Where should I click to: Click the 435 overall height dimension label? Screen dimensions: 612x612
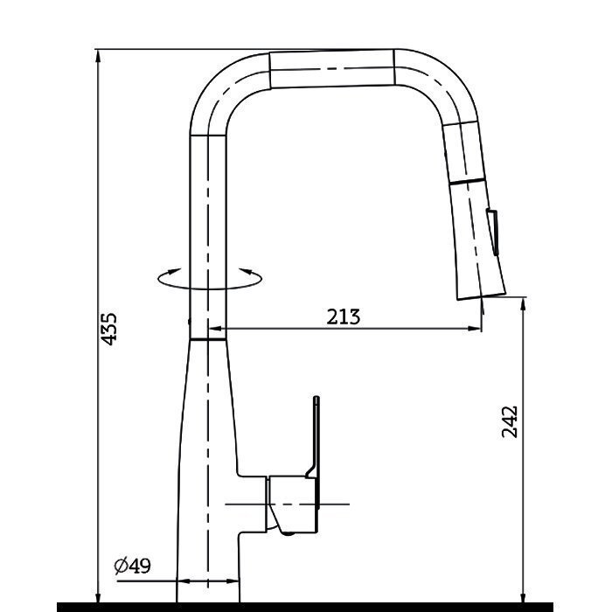coord(108,329)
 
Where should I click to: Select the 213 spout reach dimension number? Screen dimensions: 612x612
coord(344,316)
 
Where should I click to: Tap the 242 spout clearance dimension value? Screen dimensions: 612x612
coord(510,422)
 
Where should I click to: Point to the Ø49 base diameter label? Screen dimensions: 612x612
coord(132,567)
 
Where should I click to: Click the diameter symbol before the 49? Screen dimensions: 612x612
coord(121,567)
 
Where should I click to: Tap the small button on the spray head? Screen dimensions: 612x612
coord(492,233)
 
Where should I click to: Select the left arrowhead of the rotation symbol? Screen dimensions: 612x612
coord(174,271)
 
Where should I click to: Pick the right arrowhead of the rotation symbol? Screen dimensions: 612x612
coord(246,271)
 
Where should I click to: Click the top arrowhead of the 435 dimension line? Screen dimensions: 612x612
coord(98,55)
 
